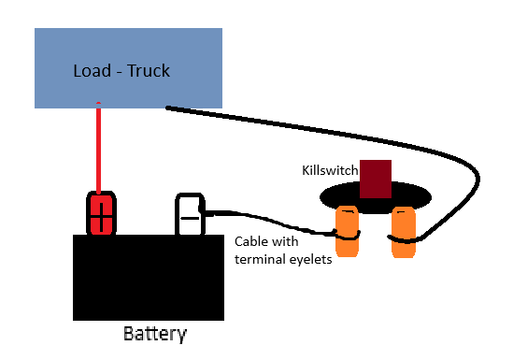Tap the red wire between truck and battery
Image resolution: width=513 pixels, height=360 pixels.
coord(98,150)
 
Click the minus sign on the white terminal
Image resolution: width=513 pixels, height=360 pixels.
coord(189,217)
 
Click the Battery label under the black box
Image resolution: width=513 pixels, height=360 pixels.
coord(155,334)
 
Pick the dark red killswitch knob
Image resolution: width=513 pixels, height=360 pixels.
coord(376,177)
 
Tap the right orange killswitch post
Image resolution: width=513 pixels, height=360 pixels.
coord(403,233)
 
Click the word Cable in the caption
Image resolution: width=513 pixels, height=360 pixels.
coord(252,241)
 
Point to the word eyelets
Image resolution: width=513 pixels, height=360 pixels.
coord(308,259)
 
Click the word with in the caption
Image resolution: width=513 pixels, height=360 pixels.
coord(290,241)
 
